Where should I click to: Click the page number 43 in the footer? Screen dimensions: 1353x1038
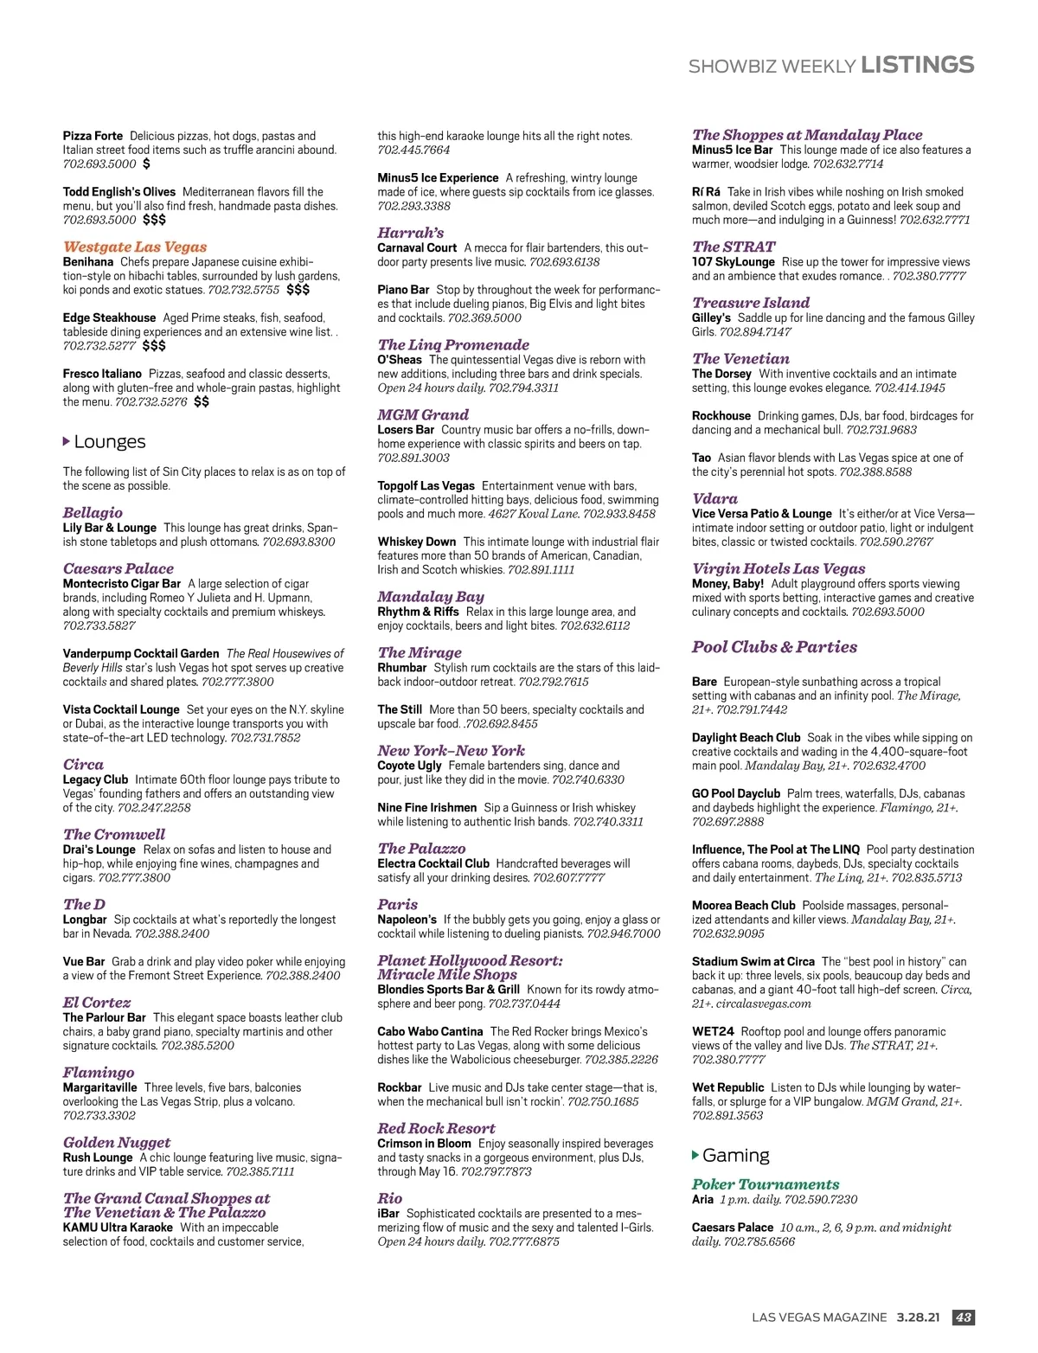click(963, 1318)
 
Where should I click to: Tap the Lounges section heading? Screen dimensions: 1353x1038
click(109, 442)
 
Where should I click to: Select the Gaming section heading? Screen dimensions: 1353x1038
click(735, 1156)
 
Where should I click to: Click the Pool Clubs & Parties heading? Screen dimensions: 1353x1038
click(774, 647)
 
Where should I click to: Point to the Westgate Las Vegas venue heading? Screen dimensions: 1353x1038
click(135, 247)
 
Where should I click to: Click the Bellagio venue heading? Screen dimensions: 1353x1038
click(93, 512)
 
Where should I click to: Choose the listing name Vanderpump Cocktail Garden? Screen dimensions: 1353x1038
click(141, 654)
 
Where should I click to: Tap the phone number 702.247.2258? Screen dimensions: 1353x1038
click(154, 808)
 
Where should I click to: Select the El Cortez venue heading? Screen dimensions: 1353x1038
click(96, 1003)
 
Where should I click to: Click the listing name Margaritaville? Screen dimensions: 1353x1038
click(99, 1087)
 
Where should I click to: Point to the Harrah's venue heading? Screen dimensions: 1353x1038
click(410, 233)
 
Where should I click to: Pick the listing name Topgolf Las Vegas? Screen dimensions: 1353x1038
click(426, 486)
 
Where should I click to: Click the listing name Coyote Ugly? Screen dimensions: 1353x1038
click(409, 766)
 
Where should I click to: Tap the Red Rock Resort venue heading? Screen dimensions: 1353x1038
click(436, 1128)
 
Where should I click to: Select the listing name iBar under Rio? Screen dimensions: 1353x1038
click(388, 1214)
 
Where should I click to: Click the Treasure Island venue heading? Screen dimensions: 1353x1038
click(751, 303)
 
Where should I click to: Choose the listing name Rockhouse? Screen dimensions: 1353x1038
click(721, 416)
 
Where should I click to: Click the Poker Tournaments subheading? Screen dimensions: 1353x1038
click(766, 1184)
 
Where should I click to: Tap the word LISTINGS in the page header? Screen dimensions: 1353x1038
click(918, 65)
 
